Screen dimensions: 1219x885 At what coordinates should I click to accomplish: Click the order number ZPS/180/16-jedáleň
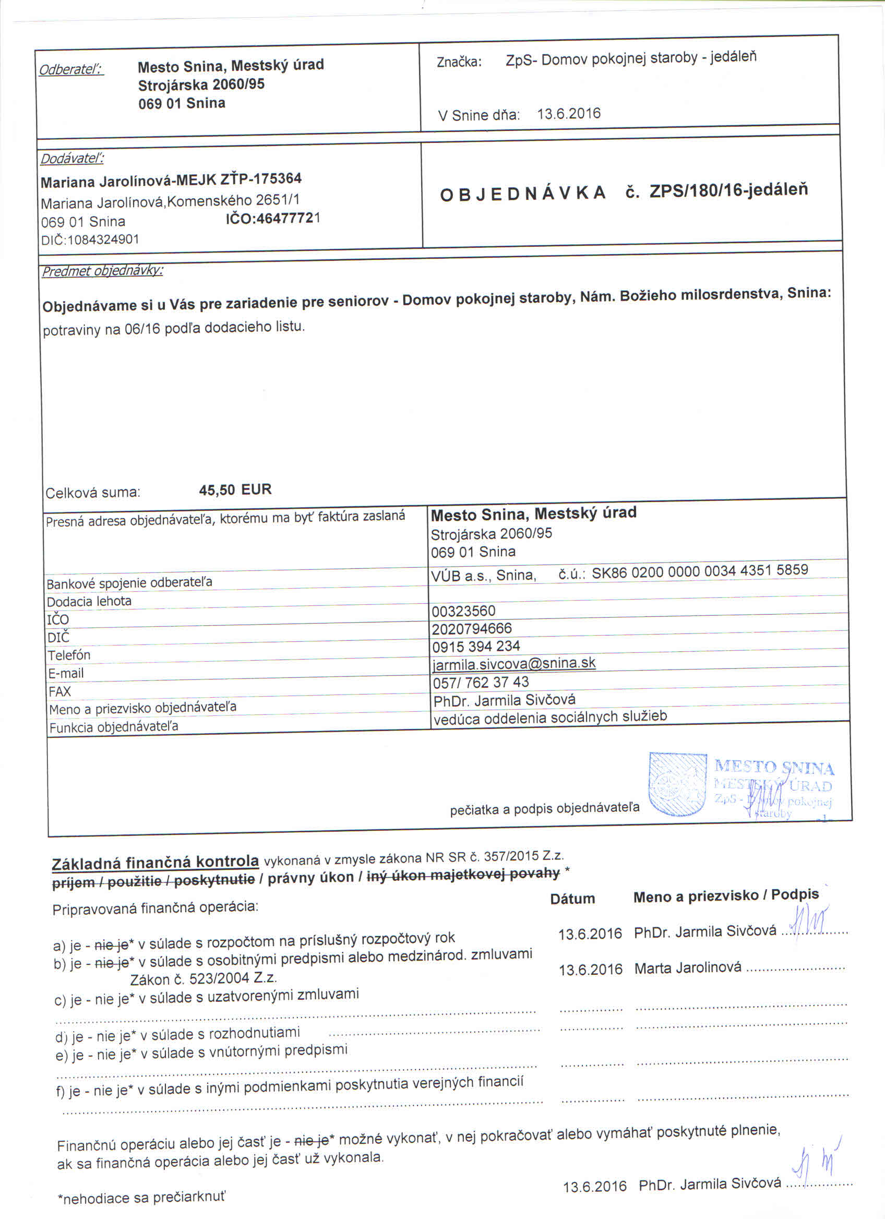point(728,190)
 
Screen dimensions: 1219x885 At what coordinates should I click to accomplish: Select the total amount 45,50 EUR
point(235,489)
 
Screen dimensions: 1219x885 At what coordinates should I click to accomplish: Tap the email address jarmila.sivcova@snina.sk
point(513,663)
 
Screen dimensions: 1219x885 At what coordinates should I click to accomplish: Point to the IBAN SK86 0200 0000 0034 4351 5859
point(700,571)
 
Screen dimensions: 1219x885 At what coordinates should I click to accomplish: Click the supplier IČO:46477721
point(272,219)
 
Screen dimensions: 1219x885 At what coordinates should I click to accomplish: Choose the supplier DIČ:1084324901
point(90,240)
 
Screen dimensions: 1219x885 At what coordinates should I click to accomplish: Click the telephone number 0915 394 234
point(475,646)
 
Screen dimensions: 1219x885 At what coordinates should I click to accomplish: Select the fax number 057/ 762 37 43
point(481,682)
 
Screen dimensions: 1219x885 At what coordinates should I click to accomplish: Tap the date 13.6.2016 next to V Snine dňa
point(568,114)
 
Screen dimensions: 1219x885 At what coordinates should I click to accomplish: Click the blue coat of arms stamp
point(677,785)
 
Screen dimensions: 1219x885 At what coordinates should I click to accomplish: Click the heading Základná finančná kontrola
point(156,863)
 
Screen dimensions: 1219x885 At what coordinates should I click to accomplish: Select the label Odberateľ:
point(71,70)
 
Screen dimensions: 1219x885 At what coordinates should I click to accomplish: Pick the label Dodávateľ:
point(72,159)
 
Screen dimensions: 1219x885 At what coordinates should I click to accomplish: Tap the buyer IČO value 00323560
point(463,611)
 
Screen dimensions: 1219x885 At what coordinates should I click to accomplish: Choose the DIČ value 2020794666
point(471,628)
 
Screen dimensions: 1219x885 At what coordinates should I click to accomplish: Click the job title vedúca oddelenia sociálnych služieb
point(549,718)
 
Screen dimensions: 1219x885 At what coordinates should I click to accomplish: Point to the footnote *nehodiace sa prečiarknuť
point(142,1198)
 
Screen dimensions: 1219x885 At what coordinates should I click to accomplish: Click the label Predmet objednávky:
point(103,271)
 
